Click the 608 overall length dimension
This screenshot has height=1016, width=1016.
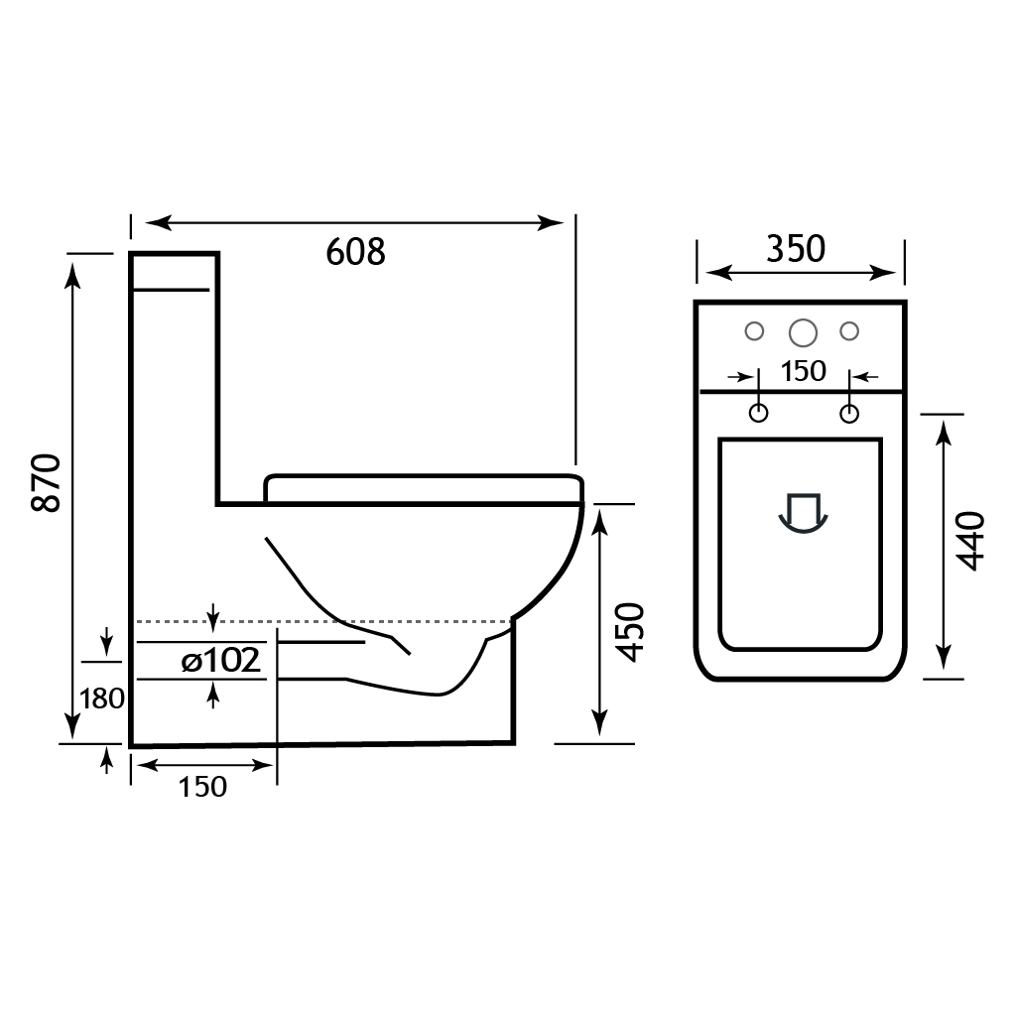click(x=355, y=252)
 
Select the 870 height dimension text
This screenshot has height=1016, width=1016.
click(x=48, y=483)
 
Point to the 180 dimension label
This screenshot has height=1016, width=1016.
click(x=102, y=698)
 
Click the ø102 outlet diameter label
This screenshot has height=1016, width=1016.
click(x=221, y=660)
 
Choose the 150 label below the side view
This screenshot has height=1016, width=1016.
click(x=202, y=787)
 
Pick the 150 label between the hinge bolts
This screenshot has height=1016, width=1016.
click(x=803, y=371)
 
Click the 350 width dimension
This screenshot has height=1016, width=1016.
click(x=796, y=249)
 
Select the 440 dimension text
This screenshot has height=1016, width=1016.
click(x=969, y=541)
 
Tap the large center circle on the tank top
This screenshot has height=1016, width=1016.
click(x=802, y=330)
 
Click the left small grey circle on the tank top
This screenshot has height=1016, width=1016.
click(x=754, y=330)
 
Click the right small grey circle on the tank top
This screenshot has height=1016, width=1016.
click(x=849, y=330)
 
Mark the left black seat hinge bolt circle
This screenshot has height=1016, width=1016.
click(x=758, y=413)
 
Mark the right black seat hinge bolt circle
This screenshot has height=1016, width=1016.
click(x=849, y=413)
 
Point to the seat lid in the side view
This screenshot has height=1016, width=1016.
click(x=422, y=487)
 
